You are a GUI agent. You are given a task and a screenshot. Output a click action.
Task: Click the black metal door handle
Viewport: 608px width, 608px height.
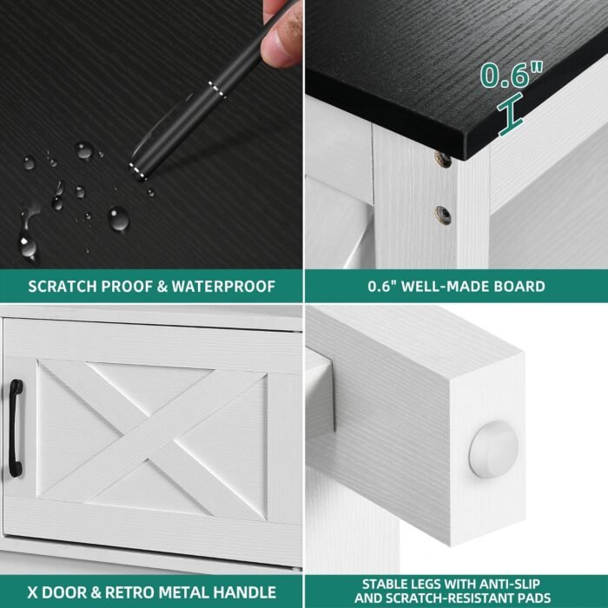[16, 428]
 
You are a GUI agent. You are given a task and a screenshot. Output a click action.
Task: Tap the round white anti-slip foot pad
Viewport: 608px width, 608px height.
[493, 449]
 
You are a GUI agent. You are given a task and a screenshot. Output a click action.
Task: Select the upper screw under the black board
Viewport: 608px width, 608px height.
[442, 159]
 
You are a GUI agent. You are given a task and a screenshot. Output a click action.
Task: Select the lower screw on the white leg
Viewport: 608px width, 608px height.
[443, 215]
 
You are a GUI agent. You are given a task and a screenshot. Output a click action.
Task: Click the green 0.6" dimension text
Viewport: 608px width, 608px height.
[511, 75]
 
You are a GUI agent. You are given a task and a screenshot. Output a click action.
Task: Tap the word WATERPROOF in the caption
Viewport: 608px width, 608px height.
[223, 287]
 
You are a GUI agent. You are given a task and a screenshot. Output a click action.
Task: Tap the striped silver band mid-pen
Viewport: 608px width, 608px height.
[217, 90]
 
